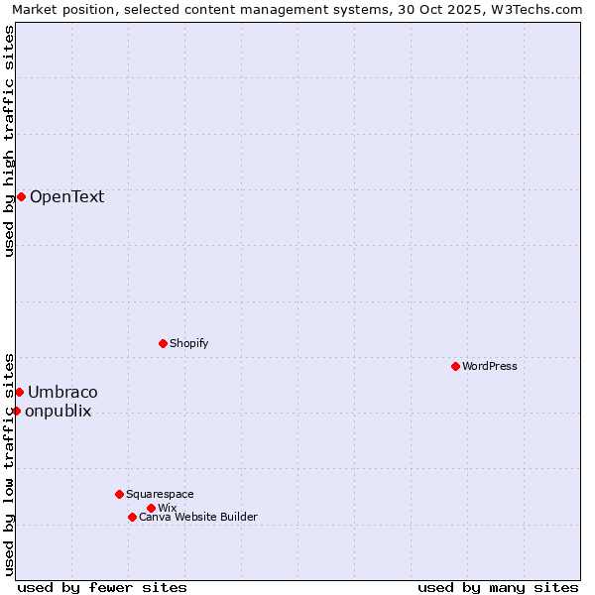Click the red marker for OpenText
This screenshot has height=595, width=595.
pyautogui.click(x=21, y=196)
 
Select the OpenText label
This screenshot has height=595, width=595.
pyautogui.click(x=66, y=196)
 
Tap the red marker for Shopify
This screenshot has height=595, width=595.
pyautogui.click(x=163, y=343)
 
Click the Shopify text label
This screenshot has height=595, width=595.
pyautogui.click(x=188, y=343)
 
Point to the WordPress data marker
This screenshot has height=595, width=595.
pyautogui.click(x=455, y=366)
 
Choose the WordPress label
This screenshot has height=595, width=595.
pyautogui.click(x=489, y=366)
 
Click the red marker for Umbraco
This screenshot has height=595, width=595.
pyautogui.click(x=19, y=392)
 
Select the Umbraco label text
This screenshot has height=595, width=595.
pyautogui.click(x=62, y=392)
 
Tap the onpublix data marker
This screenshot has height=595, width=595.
pyautogui.click(x=16, y=411)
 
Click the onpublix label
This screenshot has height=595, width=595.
pyautogui.click(x=58, y=411)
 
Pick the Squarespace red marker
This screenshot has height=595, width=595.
pyautogui.click(x=119, y=494)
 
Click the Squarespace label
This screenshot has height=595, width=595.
pyautogui.click(x=160, y=494)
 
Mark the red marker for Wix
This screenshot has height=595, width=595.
pyautogui.click(x=151, y=508)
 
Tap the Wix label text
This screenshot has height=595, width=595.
pyautogui.click(x=167, y=508)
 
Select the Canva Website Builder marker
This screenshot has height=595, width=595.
pyautogui.click(x=132, y=517)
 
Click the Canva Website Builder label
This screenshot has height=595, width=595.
pyautogui.click(x=197, y=517)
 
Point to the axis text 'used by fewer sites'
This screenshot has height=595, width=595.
pyautogui.click(x=102, y=587)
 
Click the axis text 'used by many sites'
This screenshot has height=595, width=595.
pyautogui.click(x=498, y=587)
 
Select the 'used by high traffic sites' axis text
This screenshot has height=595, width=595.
pyautogui.click(x=9, y=141)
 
